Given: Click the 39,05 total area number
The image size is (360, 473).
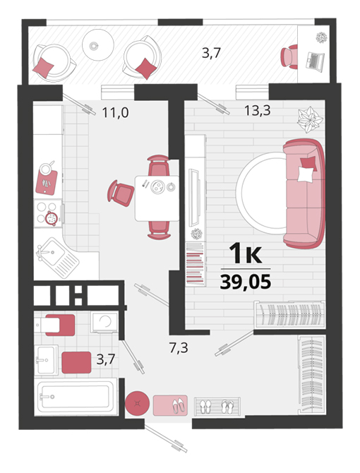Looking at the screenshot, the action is click(x=246, y=282).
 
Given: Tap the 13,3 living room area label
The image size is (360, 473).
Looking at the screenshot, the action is click(x=257, y=111).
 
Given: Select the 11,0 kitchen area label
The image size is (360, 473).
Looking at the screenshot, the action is click(x=115, y=113).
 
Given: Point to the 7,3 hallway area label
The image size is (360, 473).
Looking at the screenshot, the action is click(x=179, y=348).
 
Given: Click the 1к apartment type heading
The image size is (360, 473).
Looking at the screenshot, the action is click(x=246, y=253).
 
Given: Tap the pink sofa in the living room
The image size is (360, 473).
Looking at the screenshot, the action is click(x=304, y=193).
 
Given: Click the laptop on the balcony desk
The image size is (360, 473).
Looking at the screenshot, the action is click(x=315, y=61).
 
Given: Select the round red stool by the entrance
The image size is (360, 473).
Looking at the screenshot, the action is click(x=138, y=403).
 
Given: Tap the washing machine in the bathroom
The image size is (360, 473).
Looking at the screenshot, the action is click(x=104, y=322).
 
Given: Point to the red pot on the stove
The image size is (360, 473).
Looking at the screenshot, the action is click(x=52, y=217).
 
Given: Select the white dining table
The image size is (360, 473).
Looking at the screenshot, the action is click(x=157, y=198).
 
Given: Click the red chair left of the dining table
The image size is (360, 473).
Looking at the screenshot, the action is click(x=121, y=193).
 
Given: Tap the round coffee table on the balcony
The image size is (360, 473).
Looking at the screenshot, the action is click(x=98, y=45).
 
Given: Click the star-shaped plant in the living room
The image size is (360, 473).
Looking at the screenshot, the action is click(x=310, y=119).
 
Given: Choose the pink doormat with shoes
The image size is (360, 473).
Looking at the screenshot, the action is click(x=170, y=405).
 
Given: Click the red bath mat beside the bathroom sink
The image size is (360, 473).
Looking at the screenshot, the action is click(x=76, y=363).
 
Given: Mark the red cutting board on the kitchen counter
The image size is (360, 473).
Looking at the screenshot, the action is click(x=47, y=182).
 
